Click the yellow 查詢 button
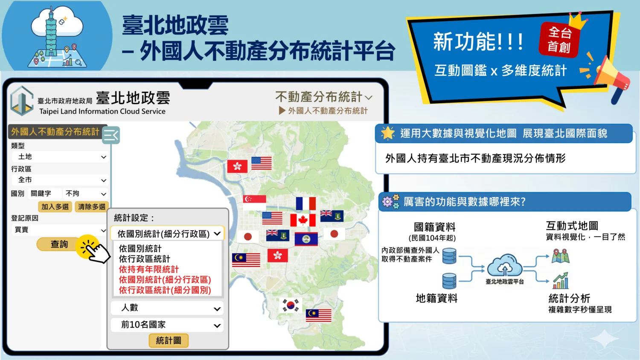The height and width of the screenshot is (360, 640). tap(59, 244)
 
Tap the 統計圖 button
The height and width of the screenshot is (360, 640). tap(169, 340)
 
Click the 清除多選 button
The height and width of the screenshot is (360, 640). tap(91, 206)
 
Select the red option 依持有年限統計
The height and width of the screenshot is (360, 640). tap(148, 269)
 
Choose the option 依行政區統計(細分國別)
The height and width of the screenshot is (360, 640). tap(165, 290)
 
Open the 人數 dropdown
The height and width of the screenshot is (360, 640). tap(167, 308)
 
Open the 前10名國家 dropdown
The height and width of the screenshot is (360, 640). tap(167, 325)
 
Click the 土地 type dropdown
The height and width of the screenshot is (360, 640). tap(60, 157)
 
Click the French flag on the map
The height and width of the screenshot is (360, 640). tap(306, 203)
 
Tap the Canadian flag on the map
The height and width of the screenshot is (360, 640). tap(303, 220)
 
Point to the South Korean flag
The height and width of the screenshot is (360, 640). tap(290, 305)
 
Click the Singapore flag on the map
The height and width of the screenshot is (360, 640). tap(254, 202)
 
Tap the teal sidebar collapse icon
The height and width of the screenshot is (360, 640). tap(111, 135)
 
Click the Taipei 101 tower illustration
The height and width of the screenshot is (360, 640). tap(51, 32)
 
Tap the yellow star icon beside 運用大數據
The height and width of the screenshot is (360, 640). tap(388, 133)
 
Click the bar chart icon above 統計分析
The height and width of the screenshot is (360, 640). tap(561, 281)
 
